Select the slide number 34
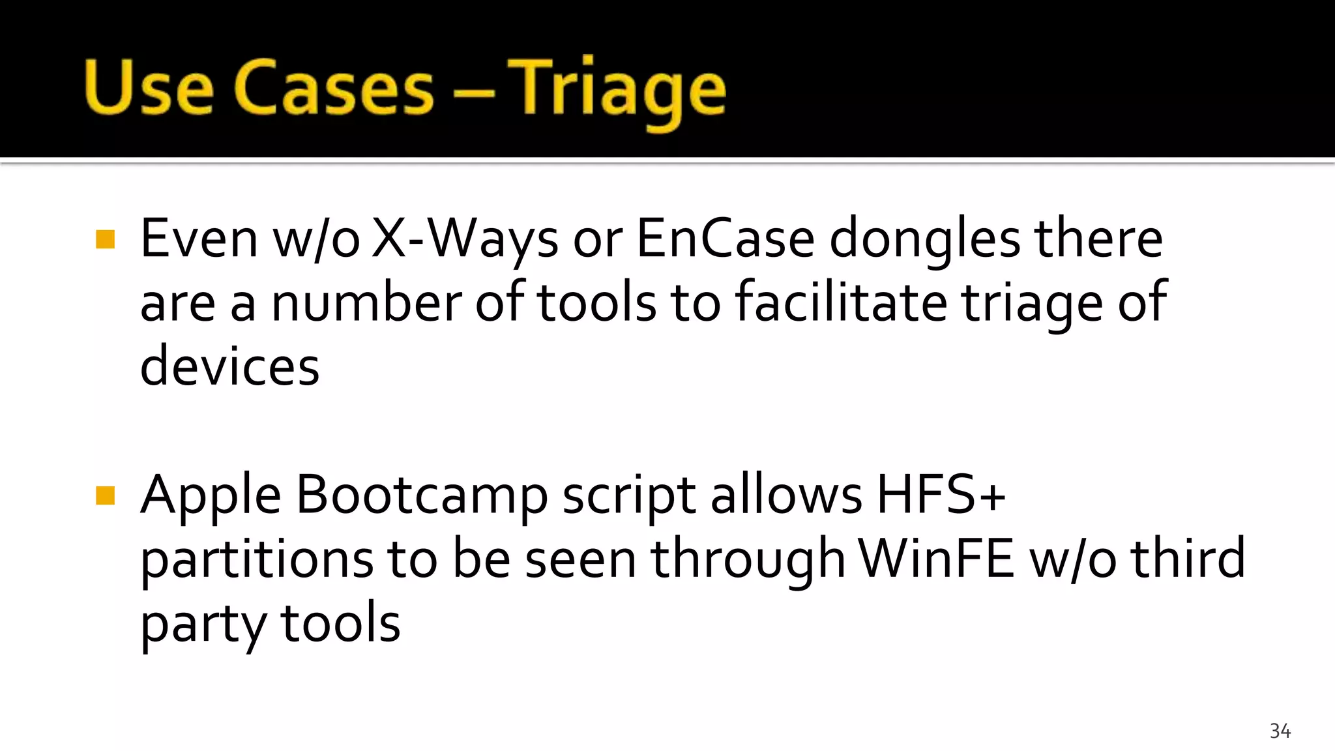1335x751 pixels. pyautogui.click(x=1280, y=731)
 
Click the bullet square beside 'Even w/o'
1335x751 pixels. pyautogui.click(x=105, y=239)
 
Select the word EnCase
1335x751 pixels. pyautogui.click(x=725, y=239)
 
